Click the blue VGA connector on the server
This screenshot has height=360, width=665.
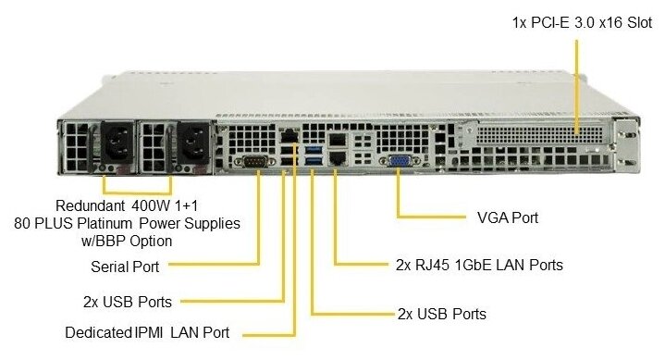[399, 161]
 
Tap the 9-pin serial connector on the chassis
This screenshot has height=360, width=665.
[255, 161]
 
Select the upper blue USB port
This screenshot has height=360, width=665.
[313, 149]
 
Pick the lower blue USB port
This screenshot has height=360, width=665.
[313, 160]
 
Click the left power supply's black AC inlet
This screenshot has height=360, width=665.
[117, 143]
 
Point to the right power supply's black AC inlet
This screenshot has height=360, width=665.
[193, 143]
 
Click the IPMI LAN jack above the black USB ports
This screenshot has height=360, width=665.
[289, 136]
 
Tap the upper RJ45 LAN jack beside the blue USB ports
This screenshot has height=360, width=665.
[338, 139]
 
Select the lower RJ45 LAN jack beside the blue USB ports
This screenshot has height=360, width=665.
[338, 158]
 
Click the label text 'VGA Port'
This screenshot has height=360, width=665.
[508, 217]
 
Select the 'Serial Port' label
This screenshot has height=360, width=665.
[125, 267]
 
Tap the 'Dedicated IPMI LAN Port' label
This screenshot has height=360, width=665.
[147, 332]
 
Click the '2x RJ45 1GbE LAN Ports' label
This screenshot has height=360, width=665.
[479, 265]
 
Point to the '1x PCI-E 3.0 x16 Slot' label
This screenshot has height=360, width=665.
[582, 22]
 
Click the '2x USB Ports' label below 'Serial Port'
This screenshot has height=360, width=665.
[128, 302]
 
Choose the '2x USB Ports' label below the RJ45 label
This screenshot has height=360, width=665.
[442, 314]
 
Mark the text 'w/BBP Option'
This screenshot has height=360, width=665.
[127, 242]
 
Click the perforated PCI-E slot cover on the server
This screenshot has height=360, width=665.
[539, 133]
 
